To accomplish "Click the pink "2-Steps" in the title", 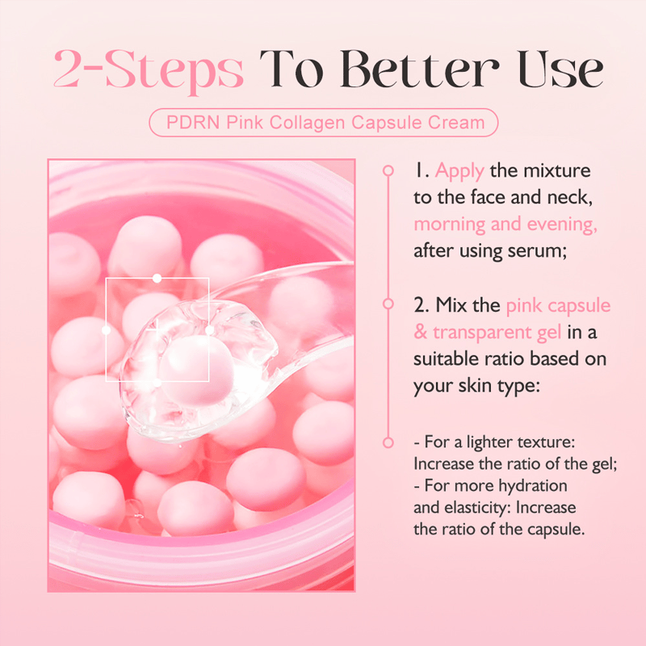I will [x=148, y=70].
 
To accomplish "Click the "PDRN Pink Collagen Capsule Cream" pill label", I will [x=324, y=123].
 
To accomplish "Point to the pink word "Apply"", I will [x=459, y=171].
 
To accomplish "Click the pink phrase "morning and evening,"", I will [x=505, y=224].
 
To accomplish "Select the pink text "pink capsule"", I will [x=558, y=306].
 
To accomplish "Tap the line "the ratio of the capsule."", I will [x=499, y=530].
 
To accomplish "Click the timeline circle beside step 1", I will [x=388, y=171].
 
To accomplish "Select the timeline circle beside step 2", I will [x=388, y=306].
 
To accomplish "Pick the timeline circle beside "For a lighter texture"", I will [x=388, y=443].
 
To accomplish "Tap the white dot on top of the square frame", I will [x=157, y=278].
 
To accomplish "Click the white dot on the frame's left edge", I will [x=106, y=329].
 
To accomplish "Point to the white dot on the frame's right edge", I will [x=209, y=329].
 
